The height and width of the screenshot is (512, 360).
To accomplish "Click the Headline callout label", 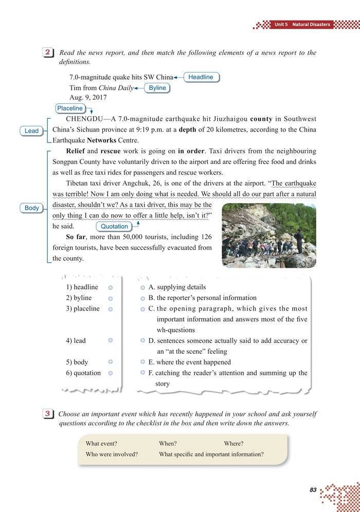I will (201, 77).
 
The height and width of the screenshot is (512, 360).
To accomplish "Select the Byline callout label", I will (157, 88).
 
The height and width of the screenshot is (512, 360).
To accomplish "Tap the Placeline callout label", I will (70, 108).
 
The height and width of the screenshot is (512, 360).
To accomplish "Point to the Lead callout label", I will (31, 131).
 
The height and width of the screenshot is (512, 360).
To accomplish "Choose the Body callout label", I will (32, 208).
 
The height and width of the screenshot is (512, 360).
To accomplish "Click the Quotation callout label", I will (114, 226).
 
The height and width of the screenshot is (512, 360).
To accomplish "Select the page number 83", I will (313, 490).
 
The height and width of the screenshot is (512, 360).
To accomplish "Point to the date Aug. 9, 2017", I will (88, 98).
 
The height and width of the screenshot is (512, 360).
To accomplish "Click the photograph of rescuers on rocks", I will (268, 235).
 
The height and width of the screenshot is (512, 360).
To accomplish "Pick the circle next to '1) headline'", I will (111, 287).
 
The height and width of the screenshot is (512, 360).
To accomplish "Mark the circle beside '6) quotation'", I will (111, 373).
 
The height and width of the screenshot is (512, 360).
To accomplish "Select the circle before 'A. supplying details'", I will (142, 287).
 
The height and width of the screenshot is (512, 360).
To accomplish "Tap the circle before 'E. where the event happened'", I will (142, 362).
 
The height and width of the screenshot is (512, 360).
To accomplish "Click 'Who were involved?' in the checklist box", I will (112, 454).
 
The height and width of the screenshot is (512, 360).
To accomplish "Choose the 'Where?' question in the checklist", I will (233, 444).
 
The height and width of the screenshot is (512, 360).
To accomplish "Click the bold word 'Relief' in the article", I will (75, 152).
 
